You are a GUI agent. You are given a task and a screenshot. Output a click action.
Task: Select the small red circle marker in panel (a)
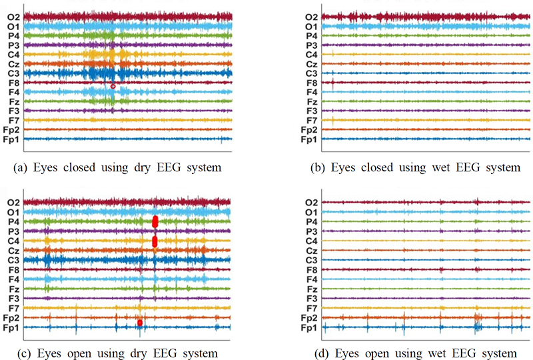click(x=113, y=87)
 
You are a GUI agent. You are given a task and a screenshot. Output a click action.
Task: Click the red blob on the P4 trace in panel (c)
click(x=155, y=221)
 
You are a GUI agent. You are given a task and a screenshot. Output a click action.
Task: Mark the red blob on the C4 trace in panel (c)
click(x=155, y=241)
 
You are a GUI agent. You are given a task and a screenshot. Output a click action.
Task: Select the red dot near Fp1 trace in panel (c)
click(x=140, y=323)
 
